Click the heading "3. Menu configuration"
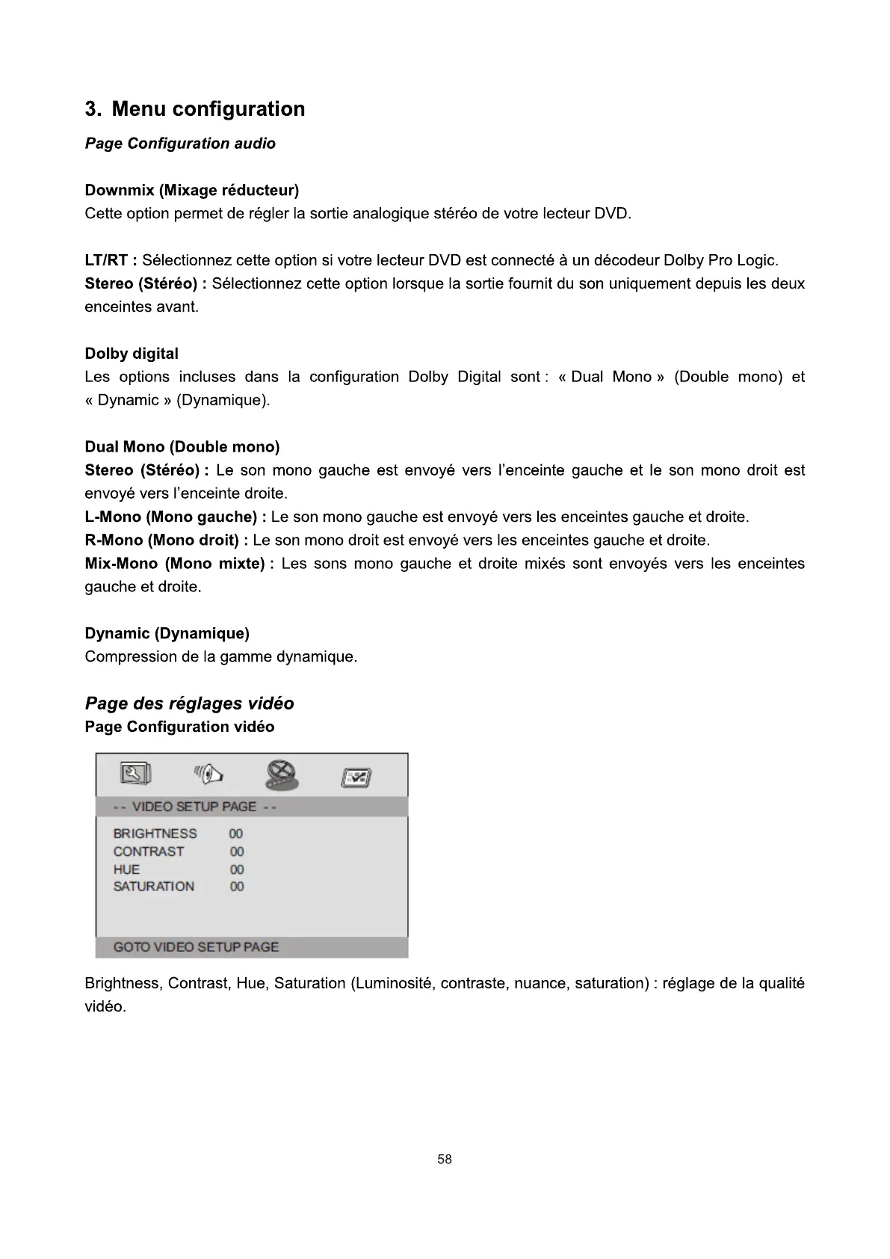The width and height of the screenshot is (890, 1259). click(x=195, y=109)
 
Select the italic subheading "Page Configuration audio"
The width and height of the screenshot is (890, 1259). click(x=180, y=144)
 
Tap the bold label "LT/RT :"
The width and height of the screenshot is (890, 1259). click(x=111, y=260)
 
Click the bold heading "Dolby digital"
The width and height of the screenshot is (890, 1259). click(x=132, y=354)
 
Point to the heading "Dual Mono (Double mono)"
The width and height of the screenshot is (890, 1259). click(x=182, y=447)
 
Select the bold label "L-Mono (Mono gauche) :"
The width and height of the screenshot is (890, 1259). click(x=176, y=517)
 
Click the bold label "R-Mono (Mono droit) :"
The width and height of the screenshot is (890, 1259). click(x=167, y=540)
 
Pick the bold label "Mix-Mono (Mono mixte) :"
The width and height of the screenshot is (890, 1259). click(x=179, y=563)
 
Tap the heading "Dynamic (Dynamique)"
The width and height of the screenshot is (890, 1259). click(x=167, y=633)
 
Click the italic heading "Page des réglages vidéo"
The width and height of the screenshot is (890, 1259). click(x=190, y=704)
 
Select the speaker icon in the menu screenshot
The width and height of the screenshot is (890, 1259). click(x=208, y=775)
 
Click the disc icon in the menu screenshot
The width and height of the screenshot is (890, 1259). click(x=282, y=775)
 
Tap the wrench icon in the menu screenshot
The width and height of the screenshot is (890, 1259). click(x=135, y=775)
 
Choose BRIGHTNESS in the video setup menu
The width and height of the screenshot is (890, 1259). click(x=155, y=834)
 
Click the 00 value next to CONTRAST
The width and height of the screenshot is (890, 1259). click(x=237, y=852)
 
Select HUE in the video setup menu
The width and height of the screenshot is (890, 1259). click(x=126, y=869)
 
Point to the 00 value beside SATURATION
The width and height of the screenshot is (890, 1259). click(x=237, y=887)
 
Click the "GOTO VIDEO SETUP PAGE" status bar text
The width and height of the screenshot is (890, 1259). click(x=196, y=947)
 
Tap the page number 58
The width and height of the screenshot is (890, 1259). click(x=445, y=1160)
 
